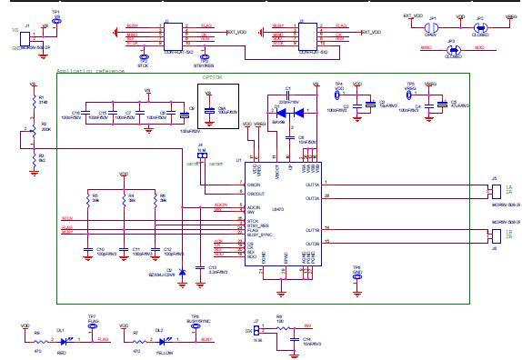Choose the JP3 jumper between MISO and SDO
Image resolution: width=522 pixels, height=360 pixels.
(x=453, y=47)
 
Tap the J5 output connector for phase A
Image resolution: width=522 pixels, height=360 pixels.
(x=494, y=190)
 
